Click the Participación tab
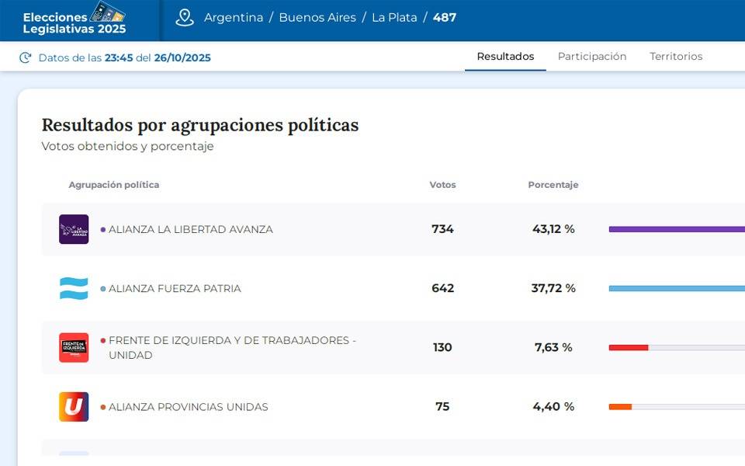point(591,57)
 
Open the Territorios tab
point(676,57)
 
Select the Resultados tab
point(505,57)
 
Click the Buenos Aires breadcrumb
point(317,17)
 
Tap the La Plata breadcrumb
point(394,17)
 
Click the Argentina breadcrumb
point(234,17)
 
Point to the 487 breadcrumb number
point(445,17)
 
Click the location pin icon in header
point(185,17)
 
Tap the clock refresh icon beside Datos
point(26,57)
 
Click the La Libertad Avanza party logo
point(74,229)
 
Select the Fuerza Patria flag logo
point(74,288)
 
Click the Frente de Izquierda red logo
point(74,347)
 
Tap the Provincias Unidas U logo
point(74,406)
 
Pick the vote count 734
point(442,229)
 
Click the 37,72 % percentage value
point(553,288)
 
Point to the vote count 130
point(442,347)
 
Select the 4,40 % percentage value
point(553,406)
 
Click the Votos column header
point(442,185)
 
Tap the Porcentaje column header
point(553,185)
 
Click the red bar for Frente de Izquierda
point(629,347)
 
